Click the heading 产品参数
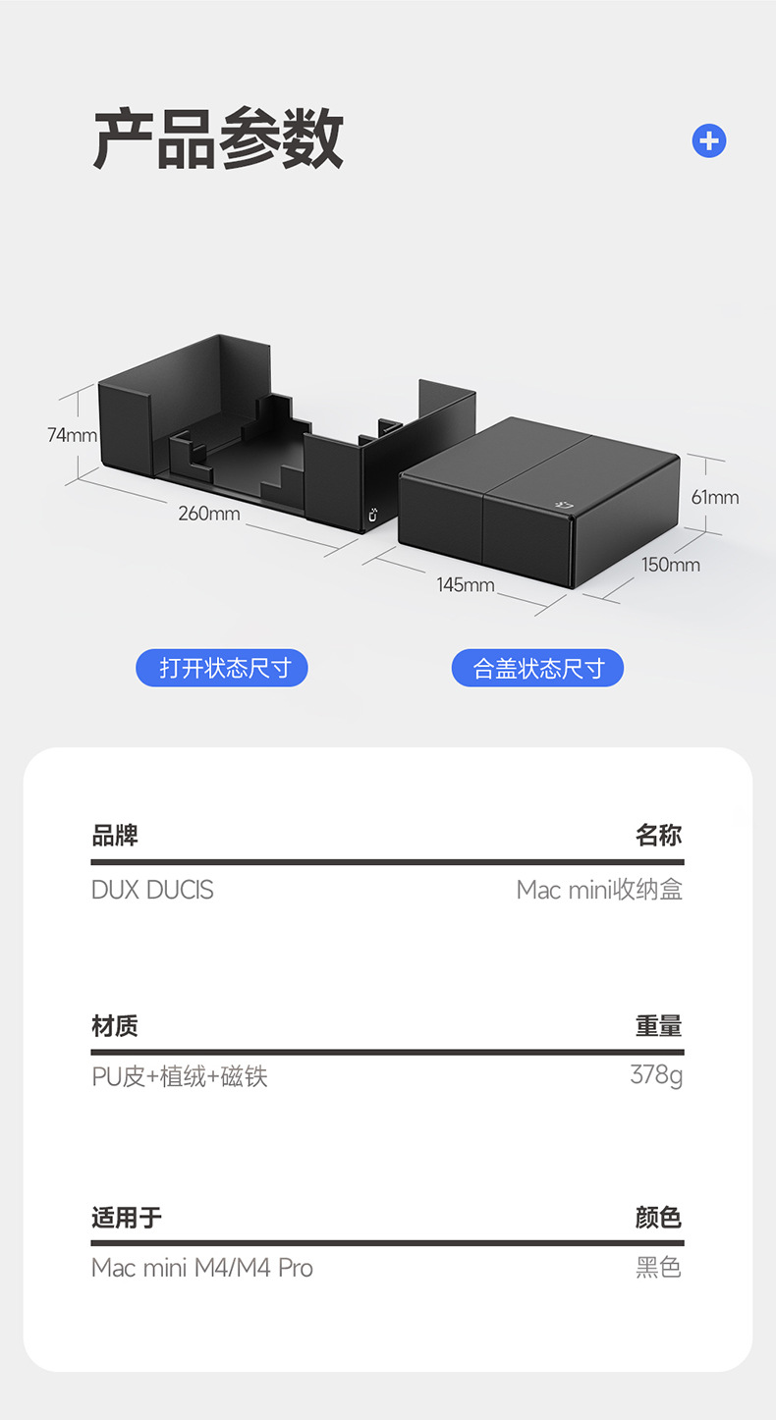coord(218,140)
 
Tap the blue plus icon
coord(708,141)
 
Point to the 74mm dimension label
coord(72,435)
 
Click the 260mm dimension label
coord(208,514)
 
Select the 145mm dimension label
coord(466,585)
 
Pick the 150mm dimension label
coord(671,565)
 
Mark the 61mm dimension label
coord(714,497)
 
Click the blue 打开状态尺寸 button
coord(222,669)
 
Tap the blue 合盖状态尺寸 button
coord(537,669)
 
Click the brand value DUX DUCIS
coord(152,890)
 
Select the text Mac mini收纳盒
coord(599,890)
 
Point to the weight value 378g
coord(656,1075)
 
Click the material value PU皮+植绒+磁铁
coord(180,1077)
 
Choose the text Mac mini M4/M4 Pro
coord(202,1268)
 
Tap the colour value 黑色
coord(658,1268)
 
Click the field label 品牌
coord(115,836)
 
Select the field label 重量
coord(658,1026)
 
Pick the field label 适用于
coord(127,1218)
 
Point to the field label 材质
coord(115,1026)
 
